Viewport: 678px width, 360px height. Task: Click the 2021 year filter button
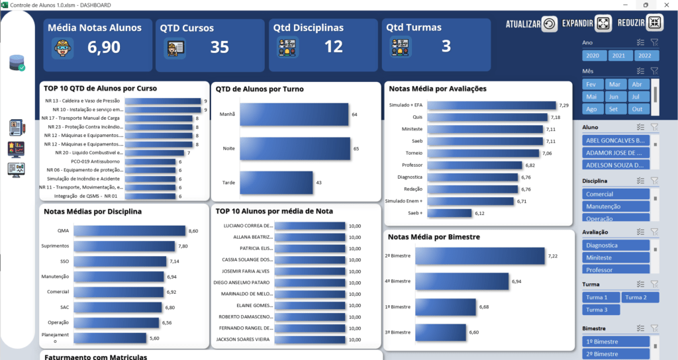tap(620, 56)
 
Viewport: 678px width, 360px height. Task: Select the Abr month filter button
tap(637, 84)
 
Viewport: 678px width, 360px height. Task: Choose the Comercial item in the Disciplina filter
tap(616, 194)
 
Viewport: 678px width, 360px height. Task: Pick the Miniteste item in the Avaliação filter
tap(616, 257)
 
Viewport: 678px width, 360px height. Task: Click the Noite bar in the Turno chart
tap(295, 148)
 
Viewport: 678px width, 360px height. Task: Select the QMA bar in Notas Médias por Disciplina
tap(130, 230)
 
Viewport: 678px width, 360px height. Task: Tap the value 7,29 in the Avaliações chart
tap(563, 105)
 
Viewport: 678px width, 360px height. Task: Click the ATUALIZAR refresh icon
tap(550, 24)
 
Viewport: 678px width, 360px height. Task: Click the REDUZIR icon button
tap(654, 23)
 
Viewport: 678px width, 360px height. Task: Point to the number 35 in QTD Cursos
tap(219, 47)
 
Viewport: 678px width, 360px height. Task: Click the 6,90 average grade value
tap(104, 47)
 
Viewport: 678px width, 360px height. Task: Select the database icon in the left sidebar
tap(17, 63)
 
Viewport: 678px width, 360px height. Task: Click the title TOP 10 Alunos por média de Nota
tap(274, 211)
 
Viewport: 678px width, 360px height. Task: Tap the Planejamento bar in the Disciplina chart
tap(116, 337)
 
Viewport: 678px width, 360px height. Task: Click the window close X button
tap(665, 5)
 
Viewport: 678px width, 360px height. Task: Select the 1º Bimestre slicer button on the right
tap(616, 341)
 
